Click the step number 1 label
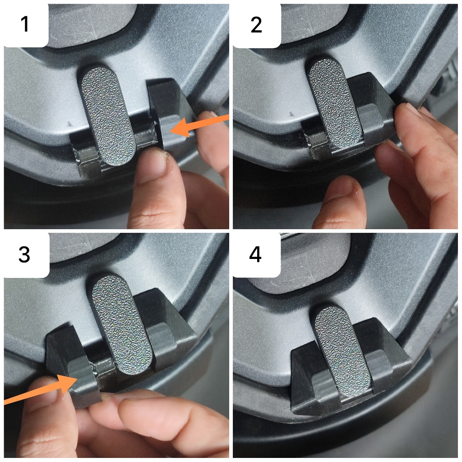[x=25, y=24]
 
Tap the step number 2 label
[x=256, y=25]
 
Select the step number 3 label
[x=24, y=254]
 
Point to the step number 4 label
[x=255, y=254]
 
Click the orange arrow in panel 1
[x=199, y=125]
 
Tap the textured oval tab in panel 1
[x=109, y=116]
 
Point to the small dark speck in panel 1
[x=70, y=124]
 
